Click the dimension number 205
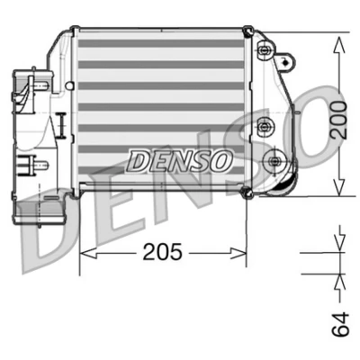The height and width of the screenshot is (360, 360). (x=162, y=251)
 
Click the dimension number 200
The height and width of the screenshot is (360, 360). (x=339, y=120)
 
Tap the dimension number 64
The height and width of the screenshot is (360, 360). (x=340, y=324)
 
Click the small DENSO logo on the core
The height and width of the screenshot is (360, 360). (x=180, y=161)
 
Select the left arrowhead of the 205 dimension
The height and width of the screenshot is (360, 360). (x=88, y=253)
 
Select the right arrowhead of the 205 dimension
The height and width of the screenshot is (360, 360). (x=238, y=253)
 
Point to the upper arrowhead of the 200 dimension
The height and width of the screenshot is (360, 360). (x=339, y=45)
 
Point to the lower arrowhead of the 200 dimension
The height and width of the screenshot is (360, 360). (x=339, y=187)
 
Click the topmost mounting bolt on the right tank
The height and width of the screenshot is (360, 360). (x=264, y=50)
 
